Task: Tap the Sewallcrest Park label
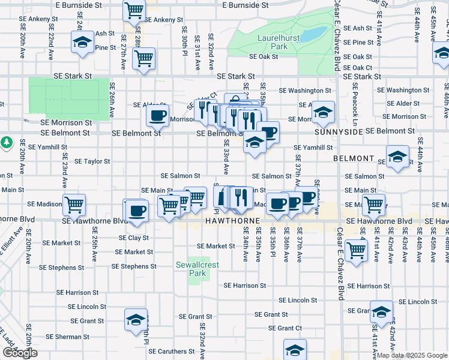click(191, 269)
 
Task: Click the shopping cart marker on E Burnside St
click(134, 10)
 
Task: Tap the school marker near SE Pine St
click(81, 43)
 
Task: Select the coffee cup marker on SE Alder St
click(157, 115)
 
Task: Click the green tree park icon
click(7, 143)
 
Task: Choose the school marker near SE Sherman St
click(136, 320)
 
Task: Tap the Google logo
click(20, 353)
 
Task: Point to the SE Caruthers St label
click(172, 351)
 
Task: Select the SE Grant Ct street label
click(285, 328)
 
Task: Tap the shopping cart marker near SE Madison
click(74, 204)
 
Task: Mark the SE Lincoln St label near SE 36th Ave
click(298, 300)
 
